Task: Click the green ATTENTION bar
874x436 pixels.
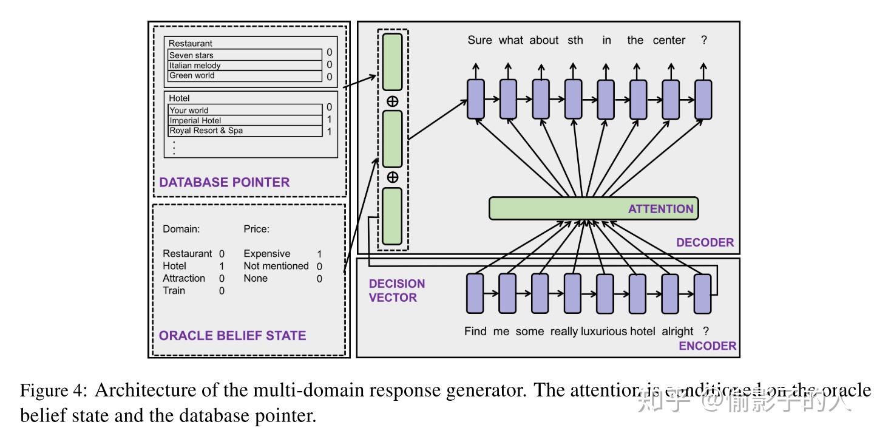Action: [x=594, y=208]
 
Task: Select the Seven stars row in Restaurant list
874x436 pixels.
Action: [x=245, y=55]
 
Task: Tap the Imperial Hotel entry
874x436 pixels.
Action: [x=245, y=120]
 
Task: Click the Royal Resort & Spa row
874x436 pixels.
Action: [x=245, y=131]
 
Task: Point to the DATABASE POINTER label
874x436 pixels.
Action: [x=224, y=182]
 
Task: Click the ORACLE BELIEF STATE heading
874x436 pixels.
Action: [x=232, y=335]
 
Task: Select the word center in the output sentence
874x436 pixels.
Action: [x=669, y=40]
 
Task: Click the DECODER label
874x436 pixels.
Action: [x=705, y=243]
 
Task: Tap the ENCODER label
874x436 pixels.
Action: [x=707, y=346]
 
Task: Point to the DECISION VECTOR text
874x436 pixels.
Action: [x=396, y=290]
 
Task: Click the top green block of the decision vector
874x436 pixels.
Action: [x=392, y=61]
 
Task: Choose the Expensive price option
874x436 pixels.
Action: [x=267, y=254]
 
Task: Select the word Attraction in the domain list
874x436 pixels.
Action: [x=184, y=278]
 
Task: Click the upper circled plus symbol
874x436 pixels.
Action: [x=392, y=101]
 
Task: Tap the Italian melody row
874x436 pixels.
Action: [x=245, y=66]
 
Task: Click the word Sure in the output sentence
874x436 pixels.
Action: [x=479, y=40]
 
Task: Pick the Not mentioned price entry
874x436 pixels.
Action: [x=276, y=266]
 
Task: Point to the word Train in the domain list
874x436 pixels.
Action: [x=174, y=290]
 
